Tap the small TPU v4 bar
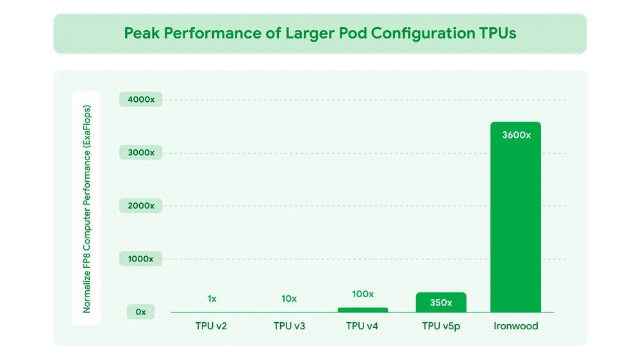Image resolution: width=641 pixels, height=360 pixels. (363, 310)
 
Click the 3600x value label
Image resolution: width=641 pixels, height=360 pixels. (515, 135)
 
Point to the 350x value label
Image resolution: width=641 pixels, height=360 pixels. (440, 302)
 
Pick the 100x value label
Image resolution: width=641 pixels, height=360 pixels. (363, 294)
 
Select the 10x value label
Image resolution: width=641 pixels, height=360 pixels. (289, 299)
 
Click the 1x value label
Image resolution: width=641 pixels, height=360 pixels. (212, 299)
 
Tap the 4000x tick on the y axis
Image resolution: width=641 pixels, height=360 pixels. (140, 100)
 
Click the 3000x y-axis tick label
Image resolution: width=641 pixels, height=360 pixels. (140, 152)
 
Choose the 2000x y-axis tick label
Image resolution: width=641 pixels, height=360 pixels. (140, 206)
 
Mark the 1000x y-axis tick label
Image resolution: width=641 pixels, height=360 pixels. (140, 259)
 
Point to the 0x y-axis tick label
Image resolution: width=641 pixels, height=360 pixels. (140, 312)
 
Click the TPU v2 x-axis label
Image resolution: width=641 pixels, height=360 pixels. (212, 326)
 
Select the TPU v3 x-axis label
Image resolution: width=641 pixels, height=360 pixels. (289, 326)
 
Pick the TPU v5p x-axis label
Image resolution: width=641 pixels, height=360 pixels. (441, 326)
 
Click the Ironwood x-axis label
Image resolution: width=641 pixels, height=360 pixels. (515, 326)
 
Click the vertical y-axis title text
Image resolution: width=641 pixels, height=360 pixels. (87, 208)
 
